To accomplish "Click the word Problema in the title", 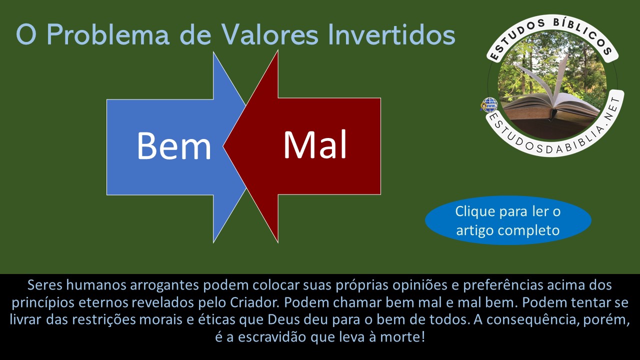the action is (x=108, y=35).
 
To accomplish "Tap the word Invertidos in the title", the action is (x=391, y=35).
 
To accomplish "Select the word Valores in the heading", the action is (x=269, y=35).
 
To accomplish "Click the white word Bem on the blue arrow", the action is (x=173, y=145).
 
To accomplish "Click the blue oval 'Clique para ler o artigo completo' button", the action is (x=508, y=220).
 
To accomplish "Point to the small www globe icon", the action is (x=489, y=105).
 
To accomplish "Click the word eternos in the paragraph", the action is (x=103, y=302).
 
